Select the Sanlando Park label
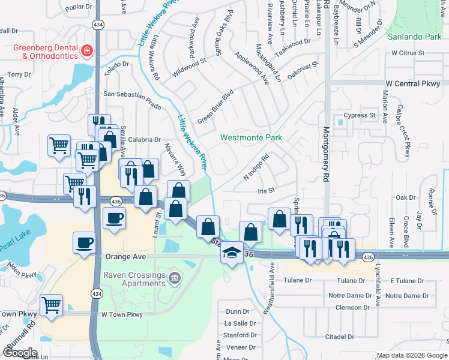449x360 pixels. (414, 37)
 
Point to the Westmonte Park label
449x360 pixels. (251, 137)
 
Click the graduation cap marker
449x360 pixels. (231, 253)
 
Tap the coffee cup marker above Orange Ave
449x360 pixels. (85, 242)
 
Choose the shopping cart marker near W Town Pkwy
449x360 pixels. (52, 304)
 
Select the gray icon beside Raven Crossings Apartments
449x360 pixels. (174, 277)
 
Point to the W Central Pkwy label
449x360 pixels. (413, 83)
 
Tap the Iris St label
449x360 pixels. (265, 190)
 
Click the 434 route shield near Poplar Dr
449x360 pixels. (97, 23)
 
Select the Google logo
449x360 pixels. (20, 353)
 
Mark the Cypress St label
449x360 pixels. (359, 115)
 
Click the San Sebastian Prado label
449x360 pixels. (133, 94)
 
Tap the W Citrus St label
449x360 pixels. (408, 53)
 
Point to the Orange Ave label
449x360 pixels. (126, 256)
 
